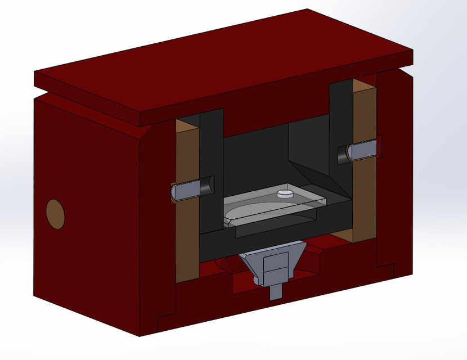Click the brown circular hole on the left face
point(55,214)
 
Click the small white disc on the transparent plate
point(285,194)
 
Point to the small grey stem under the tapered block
point(276,292)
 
